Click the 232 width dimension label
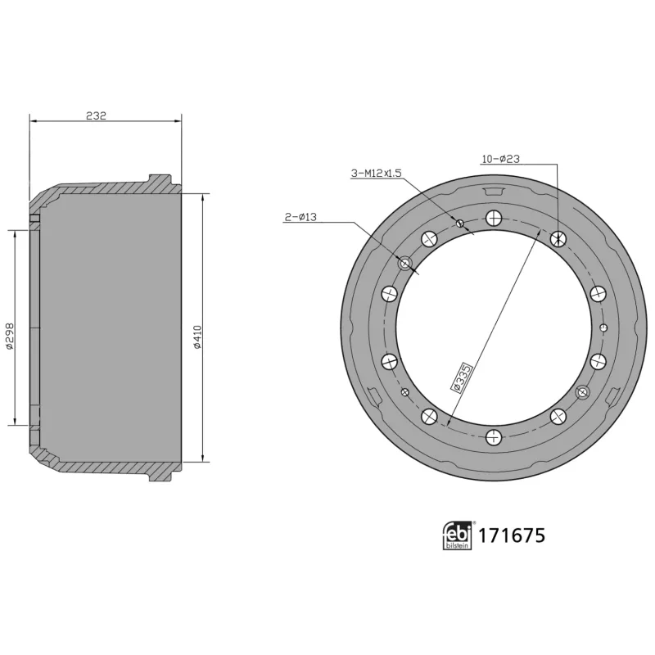click(97, 116)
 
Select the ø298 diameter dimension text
click(9, 335)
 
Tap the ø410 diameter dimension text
click(197, 337)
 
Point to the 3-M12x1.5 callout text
click(376, 174)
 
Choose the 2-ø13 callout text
click(300, 217)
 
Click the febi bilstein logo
click(458, 535)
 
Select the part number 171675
click(512, 535)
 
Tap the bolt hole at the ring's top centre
click(493, 218)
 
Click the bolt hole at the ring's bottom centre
click(493, 437)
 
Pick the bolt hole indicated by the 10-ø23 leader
click(558, 238)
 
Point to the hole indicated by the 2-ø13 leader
click(404, 264)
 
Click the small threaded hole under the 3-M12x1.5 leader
click(460, 224)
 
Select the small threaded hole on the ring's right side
click(603, 327)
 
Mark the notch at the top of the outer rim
click(493, 192)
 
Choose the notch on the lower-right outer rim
click(612, 396)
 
